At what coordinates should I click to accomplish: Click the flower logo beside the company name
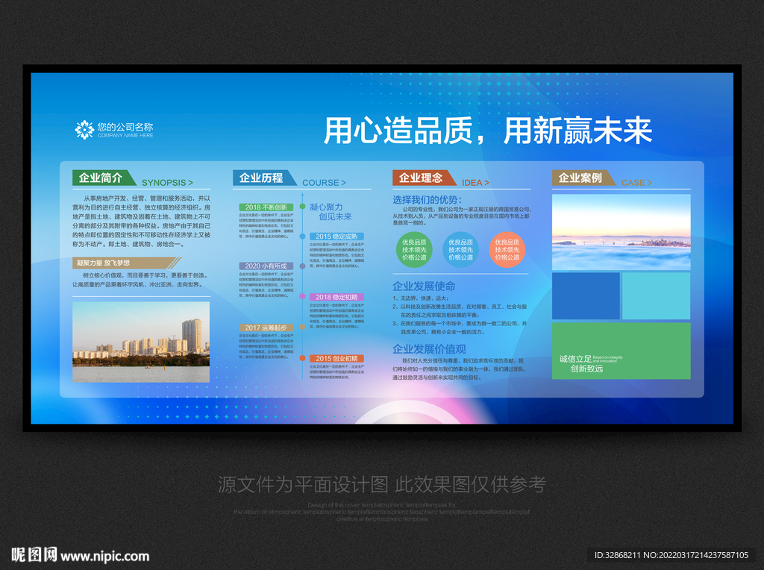(x=84, y=130)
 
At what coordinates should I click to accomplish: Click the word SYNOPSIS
(x=167, y=182)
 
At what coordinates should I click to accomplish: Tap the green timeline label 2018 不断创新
(x=266, y=207)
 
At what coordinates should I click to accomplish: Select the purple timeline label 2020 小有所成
(x=266, y=266)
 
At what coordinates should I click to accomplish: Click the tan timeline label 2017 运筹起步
(x=266, y=328)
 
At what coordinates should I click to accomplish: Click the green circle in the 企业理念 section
(x=414, y=249)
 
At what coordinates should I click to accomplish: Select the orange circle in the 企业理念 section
(x=507, y=249)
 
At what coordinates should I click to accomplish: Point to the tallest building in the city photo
(x=192, y=334)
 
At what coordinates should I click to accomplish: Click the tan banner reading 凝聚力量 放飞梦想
(x=125, y=263)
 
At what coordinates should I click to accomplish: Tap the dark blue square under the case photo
(x=586, y=295)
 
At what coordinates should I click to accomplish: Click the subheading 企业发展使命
(x=424, y=286)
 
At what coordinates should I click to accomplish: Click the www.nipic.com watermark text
(x=105, y=556)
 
